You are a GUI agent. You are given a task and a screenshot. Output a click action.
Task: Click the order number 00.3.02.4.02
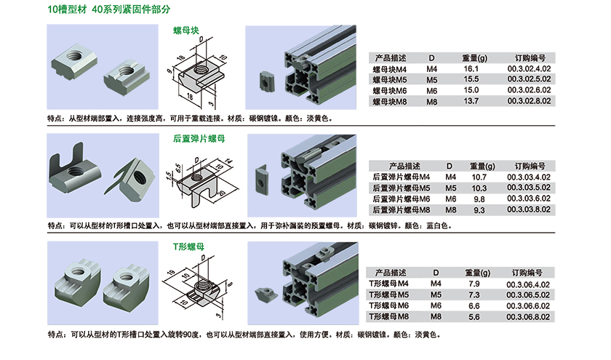point(530,69)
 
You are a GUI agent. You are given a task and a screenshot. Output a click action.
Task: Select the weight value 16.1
point(471,69)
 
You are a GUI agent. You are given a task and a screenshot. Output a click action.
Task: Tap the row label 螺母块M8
point(390,102)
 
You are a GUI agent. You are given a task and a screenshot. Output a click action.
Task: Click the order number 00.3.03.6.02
point(529,199)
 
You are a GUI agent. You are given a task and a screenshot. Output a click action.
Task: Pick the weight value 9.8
point(479,199)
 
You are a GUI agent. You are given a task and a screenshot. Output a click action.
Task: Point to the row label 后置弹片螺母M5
point(402,188)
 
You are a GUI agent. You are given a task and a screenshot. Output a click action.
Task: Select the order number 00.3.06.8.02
point(528,317)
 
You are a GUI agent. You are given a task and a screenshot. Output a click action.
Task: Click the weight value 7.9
point(474,284)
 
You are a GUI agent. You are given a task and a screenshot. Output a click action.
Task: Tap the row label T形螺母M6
point(389,306)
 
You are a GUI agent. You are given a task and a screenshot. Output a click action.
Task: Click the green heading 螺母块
point(186,31)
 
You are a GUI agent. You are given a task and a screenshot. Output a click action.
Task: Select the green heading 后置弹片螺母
point(199,139)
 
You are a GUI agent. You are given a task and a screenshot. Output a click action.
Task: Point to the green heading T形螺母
point(188,247)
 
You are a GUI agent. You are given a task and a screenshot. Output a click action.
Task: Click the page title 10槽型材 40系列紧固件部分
point(109,9)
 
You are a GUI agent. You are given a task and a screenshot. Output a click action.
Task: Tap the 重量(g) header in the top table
point(474,58)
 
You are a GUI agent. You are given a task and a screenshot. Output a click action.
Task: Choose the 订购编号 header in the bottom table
point(527,273)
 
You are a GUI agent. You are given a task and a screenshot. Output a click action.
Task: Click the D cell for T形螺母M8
point(436,317)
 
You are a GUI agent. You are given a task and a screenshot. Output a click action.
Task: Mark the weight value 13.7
point(471,101)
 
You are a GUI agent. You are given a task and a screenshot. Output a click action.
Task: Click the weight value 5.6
point(474,317)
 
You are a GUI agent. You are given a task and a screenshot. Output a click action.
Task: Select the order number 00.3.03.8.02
point(529,209)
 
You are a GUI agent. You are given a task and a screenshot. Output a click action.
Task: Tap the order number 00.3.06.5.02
point(528,295)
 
